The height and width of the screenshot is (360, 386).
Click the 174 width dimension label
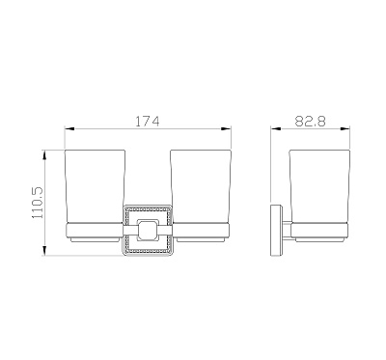pos(147,122)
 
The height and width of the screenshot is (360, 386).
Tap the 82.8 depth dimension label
pos(310,122)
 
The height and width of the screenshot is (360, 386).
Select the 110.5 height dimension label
pos(38,203)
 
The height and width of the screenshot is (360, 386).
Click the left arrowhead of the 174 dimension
pos(69,128)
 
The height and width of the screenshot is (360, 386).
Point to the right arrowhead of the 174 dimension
pos(227,128)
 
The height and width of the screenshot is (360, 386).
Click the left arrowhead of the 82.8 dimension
pos(276,128)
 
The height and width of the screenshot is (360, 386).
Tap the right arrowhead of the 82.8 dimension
pos(345,128)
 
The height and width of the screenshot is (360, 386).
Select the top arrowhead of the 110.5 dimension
pos(44,155)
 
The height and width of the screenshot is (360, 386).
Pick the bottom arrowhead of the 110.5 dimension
pos(44,251)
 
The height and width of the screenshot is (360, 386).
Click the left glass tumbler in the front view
pos(95,186)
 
